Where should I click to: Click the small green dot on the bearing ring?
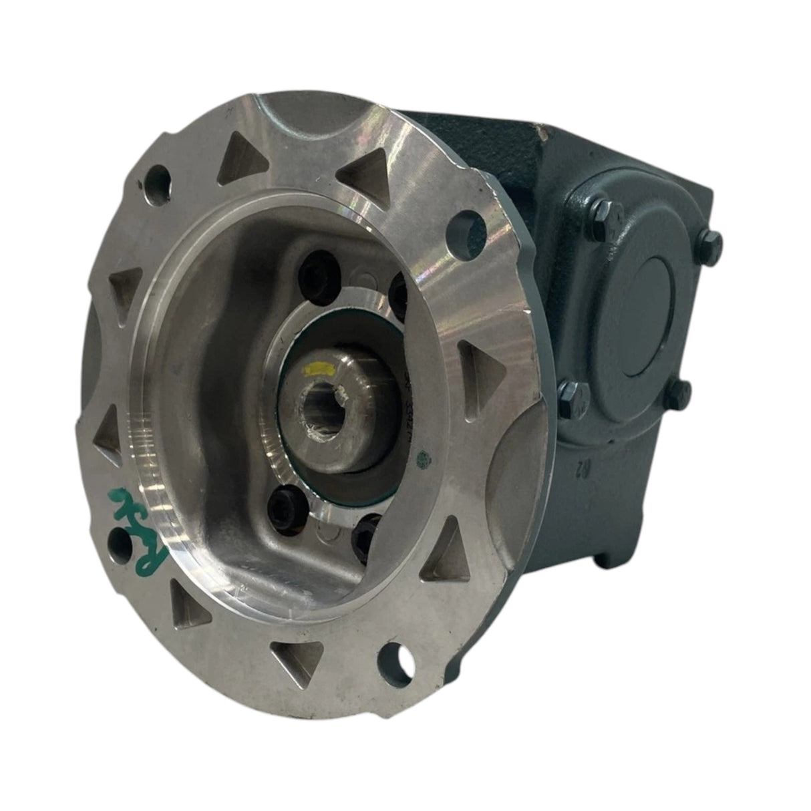[x=420, y=461]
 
